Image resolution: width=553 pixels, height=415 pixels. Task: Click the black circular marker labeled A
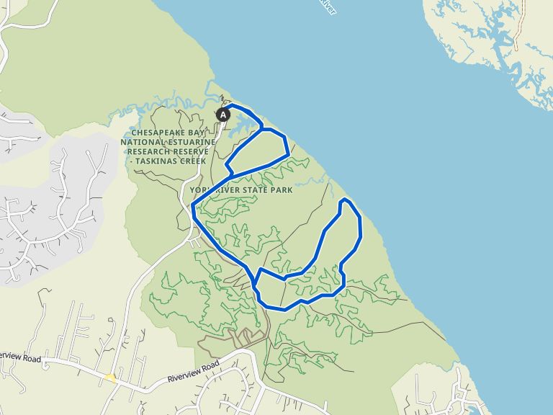pos(223,114)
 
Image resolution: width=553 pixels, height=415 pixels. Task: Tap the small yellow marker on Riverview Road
pos(110,377)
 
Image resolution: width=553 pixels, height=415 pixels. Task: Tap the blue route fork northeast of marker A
pos(262,129)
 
